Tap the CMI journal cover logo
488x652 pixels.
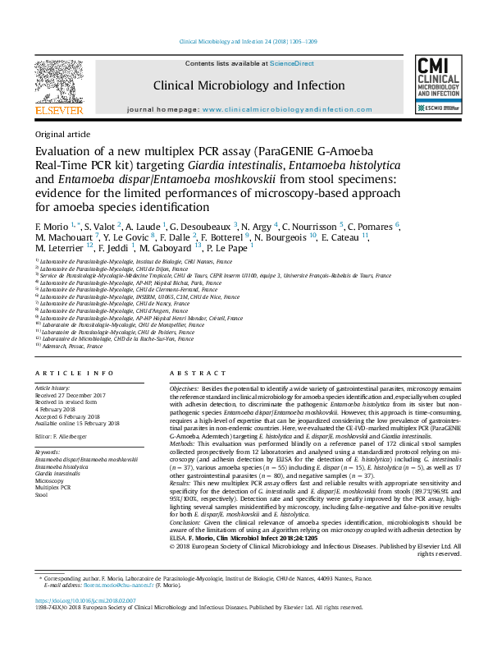[439, 85]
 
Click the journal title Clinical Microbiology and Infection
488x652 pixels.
[249, 85]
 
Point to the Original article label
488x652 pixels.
[62, 134]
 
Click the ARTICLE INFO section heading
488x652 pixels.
[64, 372]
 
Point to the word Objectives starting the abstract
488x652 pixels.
[184, 386]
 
